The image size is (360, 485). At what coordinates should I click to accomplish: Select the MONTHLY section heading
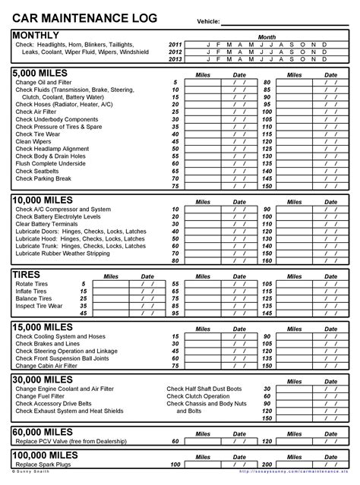click(x=36, y=35)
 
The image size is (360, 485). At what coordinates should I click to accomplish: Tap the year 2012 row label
click(x=175, y=52)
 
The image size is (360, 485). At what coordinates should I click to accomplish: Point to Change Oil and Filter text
click(x=45, y=82)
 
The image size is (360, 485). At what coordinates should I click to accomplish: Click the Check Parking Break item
click(x=44, y=179)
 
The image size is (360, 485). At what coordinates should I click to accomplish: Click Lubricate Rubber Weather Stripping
click(x=62, y=254)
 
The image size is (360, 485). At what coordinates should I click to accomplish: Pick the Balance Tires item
click(x=33, y=298)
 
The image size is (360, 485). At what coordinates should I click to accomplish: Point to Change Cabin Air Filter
click(x=47, y=365)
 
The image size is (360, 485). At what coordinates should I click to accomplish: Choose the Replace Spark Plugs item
click(x=43, y=464)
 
